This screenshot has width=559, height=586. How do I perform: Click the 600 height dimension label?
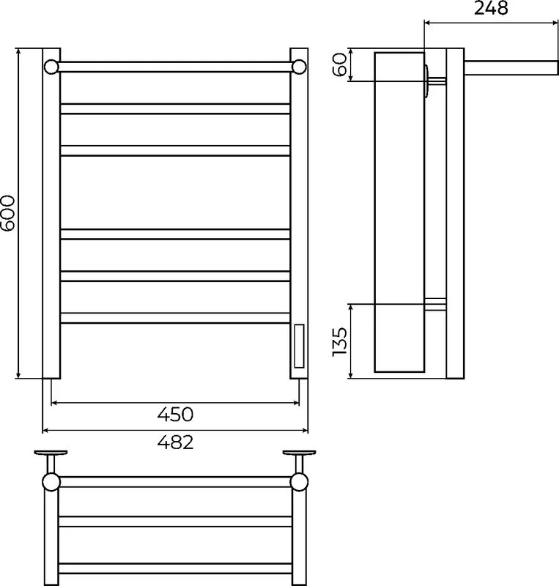coord(8,213)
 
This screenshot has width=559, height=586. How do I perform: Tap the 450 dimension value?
coord(175,415)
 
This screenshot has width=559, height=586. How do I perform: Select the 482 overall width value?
coord(175,442)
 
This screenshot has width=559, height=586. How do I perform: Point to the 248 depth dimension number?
coord(491,8)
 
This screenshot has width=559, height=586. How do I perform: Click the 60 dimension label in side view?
coord(339,64)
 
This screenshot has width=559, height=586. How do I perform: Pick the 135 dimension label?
coord(339,342)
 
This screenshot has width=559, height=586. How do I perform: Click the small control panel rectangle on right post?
coord(299,346)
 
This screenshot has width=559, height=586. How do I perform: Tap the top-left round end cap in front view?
coord(51,67)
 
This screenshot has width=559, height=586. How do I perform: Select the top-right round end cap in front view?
coord(299,67)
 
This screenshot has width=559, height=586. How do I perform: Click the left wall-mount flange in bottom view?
coord(51,453)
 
